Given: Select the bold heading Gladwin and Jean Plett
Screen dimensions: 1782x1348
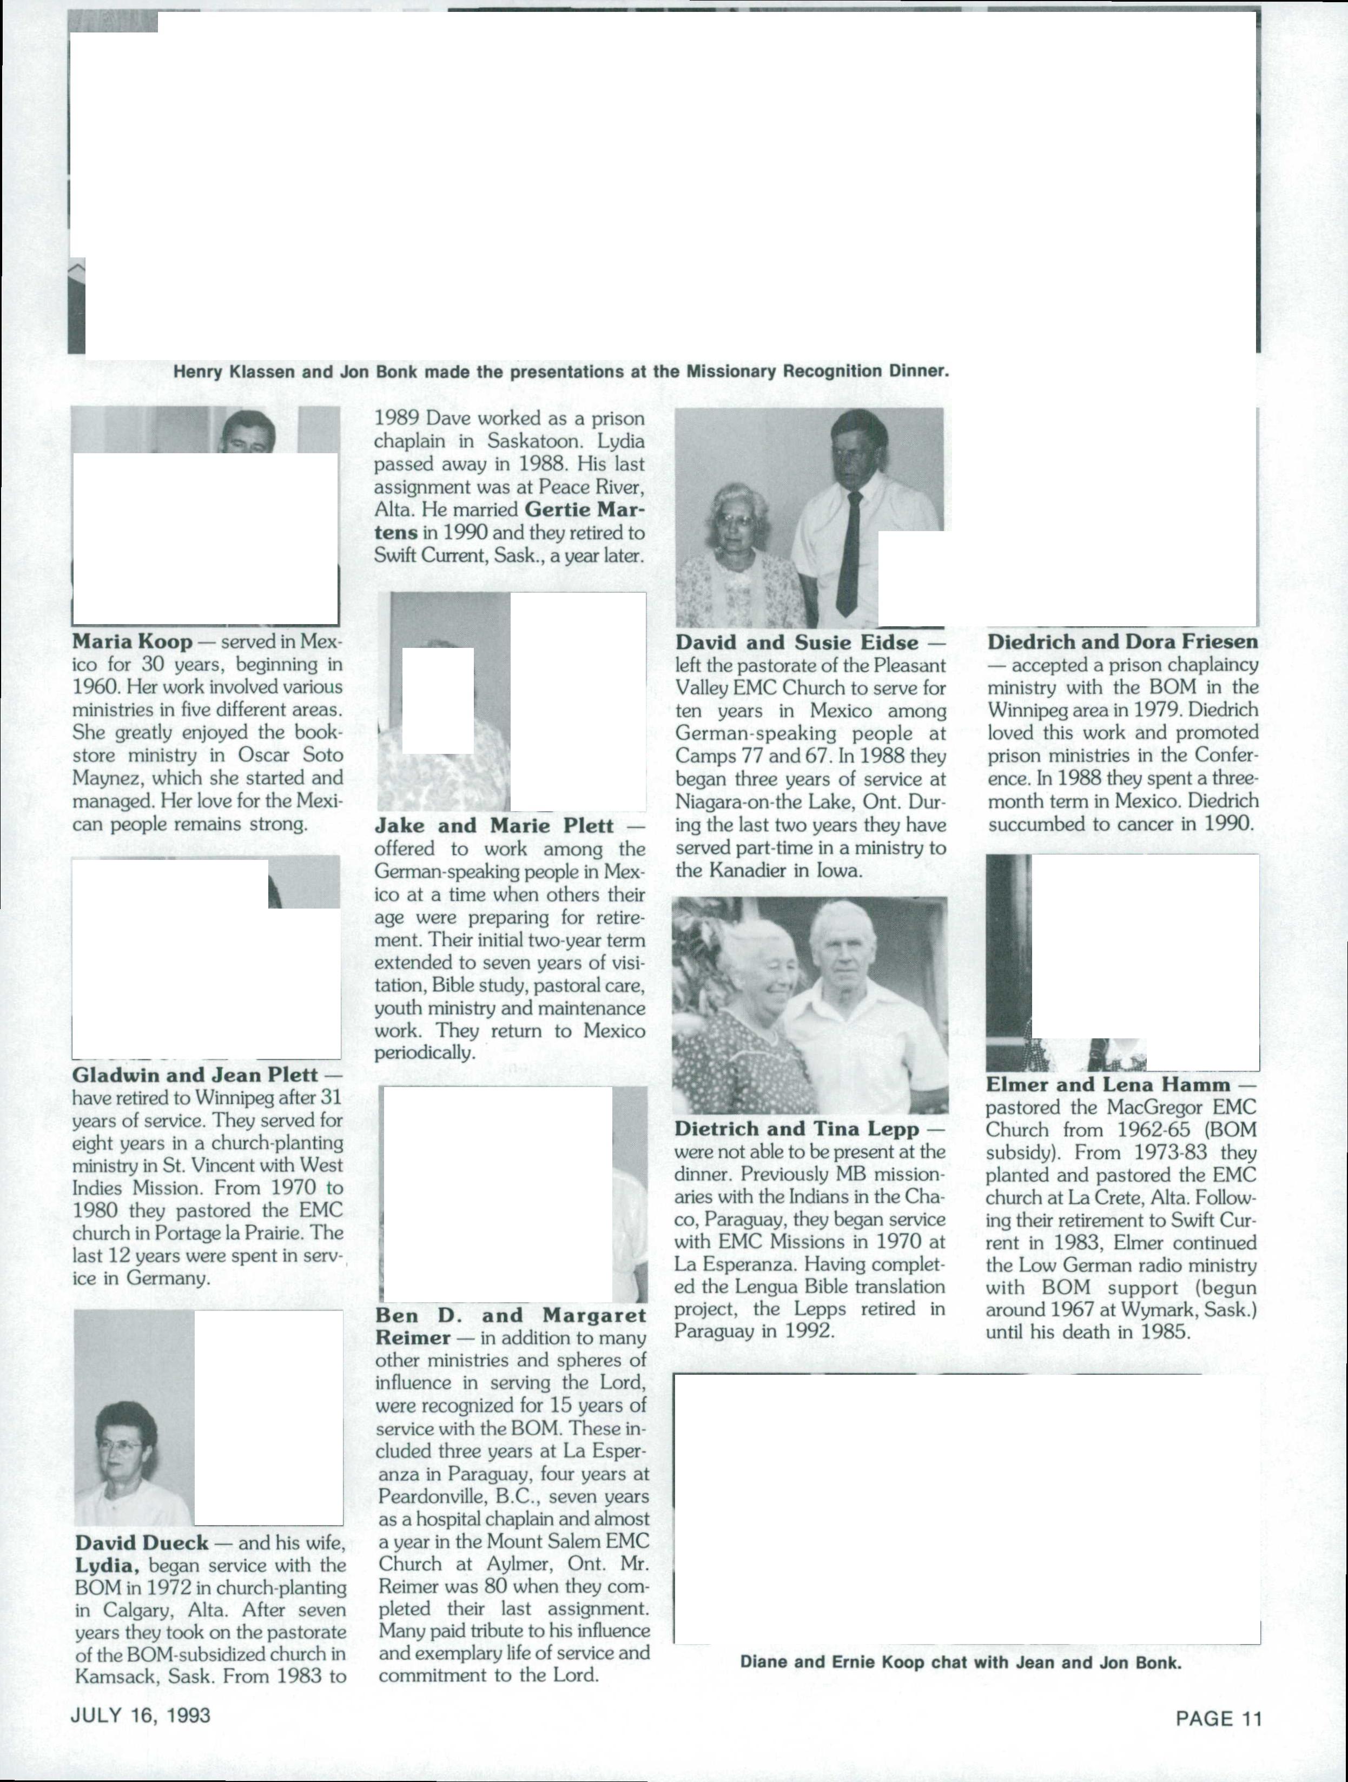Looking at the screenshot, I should coord(196,1075).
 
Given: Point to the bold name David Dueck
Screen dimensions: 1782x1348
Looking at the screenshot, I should coord(142,1543).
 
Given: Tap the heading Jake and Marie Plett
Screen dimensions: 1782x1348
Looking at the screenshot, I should coord(494,826).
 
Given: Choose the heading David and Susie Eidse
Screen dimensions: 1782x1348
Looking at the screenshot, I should coord(797,642).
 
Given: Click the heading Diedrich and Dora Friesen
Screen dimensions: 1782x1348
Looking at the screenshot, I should coord(1122,641).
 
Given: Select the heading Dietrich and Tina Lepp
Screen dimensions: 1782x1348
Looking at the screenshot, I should coord(797,1129).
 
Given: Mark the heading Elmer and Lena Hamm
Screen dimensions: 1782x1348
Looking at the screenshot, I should coord(1108,1084).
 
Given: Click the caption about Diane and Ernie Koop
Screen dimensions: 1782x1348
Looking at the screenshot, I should coord(961,1662).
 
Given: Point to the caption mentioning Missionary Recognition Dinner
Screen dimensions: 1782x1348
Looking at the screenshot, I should coord(561,372).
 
